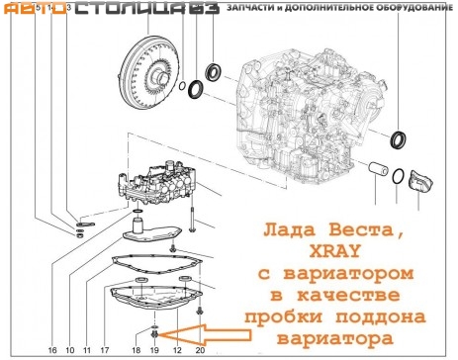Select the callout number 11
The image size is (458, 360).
(86, 350)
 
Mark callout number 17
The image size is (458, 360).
(103, 350)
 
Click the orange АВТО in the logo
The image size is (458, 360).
(24, 12)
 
